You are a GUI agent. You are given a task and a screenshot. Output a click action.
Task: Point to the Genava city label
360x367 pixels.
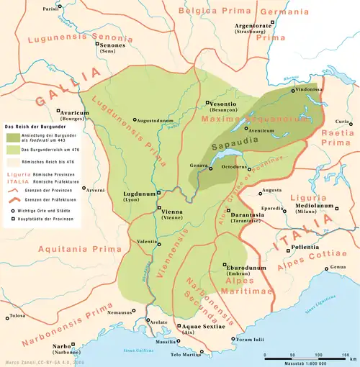199,166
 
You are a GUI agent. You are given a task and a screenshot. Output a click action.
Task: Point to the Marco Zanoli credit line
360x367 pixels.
43,362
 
